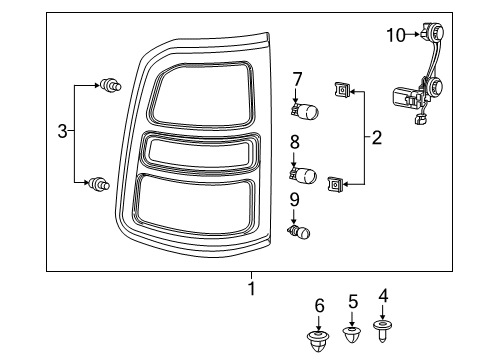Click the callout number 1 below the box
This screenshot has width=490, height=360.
251,288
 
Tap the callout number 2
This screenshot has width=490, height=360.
376,138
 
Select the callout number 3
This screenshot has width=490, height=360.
62,132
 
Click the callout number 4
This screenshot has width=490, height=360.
383,296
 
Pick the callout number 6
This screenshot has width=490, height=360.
319,304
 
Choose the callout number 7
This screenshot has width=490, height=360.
297,78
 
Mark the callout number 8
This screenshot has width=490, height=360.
294,142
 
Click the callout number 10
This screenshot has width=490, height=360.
394,36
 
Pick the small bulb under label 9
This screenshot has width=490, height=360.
299,233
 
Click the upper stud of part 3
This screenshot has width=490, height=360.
109,88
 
